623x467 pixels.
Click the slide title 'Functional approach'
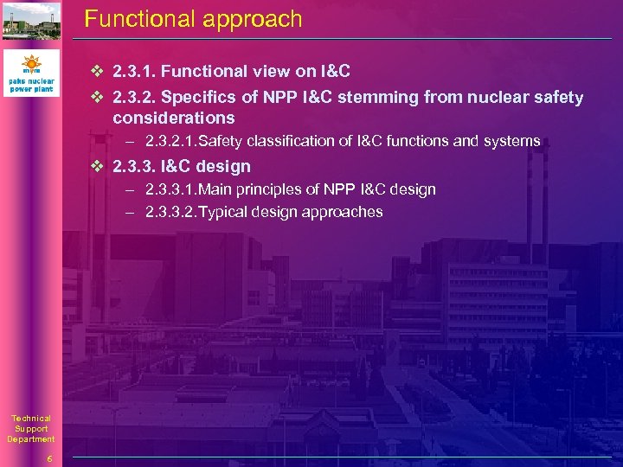coord(193,19)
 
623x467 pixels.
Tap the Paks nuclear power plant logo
coord(31,74)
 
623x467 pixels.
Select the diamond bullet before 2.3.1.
coord(98,72)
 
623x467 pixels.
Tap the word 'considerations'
coord(173,118)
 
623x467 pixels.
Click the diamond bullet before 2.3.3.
coord(98,166)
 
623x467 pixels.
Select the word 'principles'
coord(267,189)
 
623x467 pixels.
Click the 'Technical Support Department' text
coord(31,429)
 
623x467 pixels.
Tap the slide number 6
coord(50,458)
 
